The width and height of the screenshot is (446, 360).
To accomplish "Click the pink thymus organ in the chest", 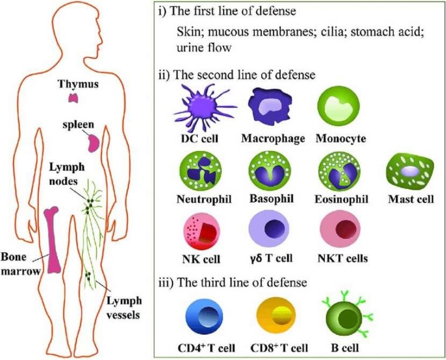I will tap(73, 97).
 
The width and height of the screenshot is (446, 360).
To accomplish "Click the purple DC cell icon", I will tap(199, 108).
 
